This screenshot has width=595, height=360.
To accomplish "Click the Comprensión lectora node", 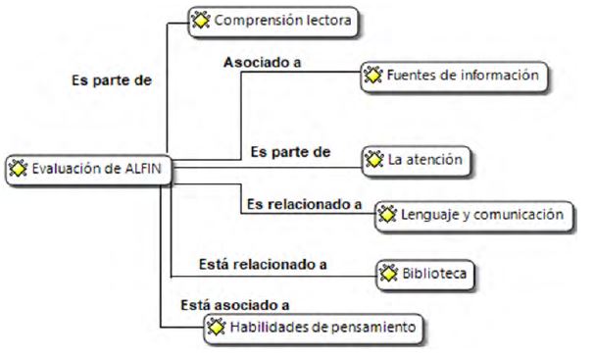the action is point(271,20).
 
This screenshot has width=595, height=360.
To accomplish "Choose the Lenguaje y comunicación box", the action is point(471,213).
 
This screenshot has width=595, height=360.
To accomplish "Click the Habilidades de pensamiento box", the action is point(316,327).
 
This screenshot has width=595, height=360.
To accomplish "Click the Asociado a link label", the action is point(262,63).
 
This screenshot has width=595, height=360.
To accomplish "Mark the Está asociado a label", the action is point(234,306).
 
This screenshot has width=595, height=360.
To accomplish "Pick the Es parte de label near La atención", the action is point(290,152).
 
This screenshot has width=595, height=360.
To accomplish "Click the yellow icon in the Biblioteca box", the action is point(388,275).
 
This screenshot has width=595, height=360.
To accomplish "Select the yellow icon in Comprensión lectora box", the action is point(200,20).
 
